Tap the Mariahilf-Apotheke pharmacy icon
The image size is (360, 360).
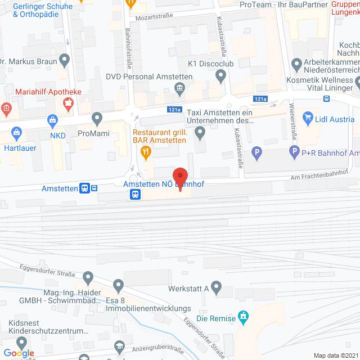(69, 102)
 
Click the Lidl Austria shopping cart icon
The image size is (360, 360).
(308, 118)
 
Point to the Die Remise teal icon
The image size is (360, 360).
(243, 317)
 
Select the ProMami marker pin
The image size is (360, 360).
(97, 119)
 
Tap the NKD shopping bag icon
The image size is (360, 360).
(52, 119)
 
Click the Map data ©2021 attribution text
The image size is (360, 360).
(335, 355)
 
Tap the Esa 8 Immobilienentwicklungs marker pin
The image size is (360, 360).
(118, 286)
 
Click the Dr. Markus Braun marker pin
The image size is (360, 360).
(65, 58)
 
